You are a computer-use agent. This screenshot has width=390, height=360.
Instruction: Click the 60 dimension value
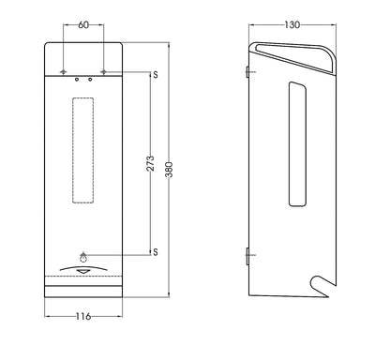[83, 24]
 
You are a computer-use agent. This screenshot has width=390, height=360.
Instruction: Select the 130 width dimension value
[292, 24]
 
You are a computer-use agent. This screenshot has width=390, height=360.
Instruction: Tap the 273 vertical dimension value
[150, 163]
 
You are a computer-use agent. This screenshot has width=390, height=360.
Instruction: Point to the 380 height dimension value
[169, 170]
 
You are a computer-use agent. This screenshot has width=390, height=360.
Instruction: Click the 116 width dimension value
[83, 316]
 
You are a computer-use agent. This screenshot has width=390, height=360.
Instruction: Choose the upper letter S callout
[156, 75]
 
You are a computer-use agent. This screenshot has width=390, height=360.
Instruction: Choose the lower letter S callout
[156, 252]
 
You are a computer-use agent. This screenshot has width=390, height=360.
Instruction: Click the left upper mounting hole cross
[64, 72]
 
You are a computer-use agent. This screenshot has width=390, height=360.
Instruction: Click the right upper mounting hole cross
[104, 72]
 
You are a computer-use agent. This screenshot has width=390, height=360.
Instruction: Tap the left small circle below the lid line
[77, 80]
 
